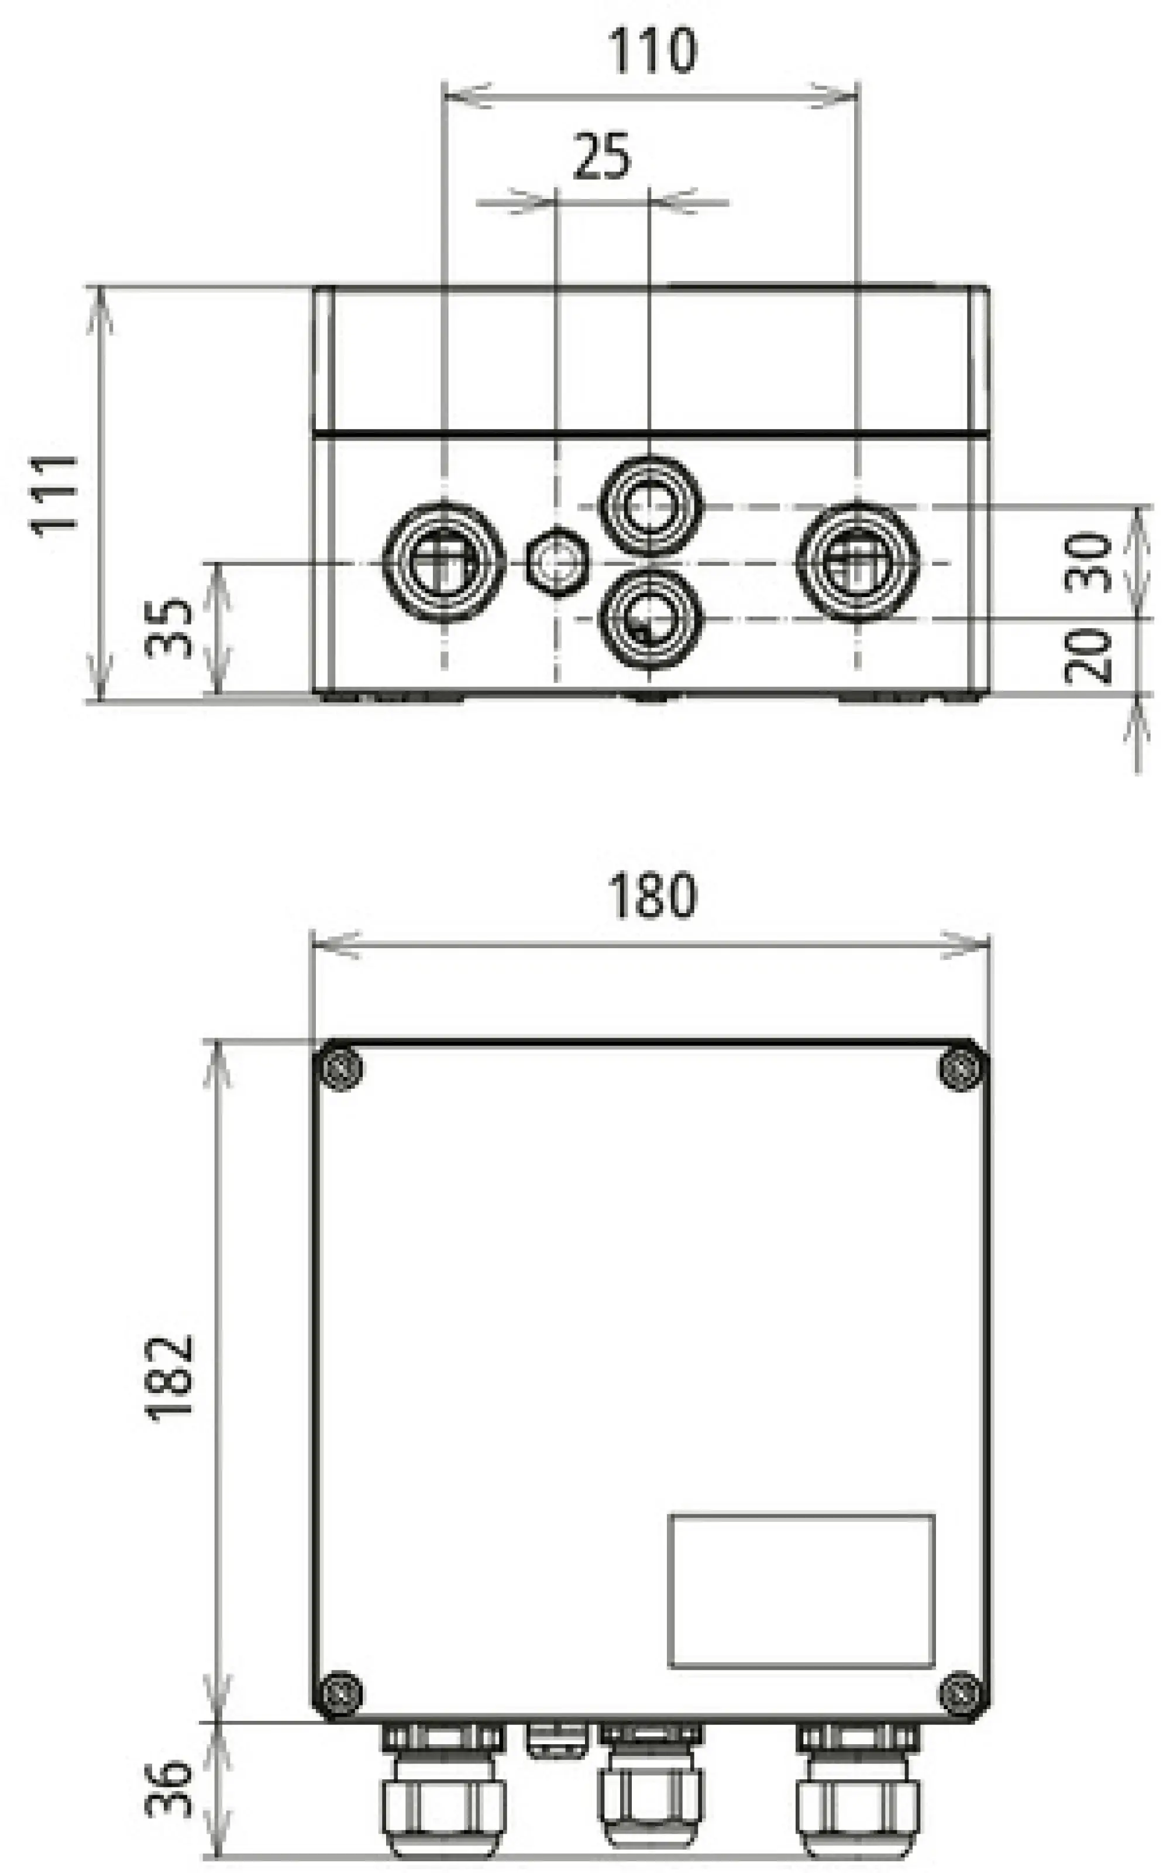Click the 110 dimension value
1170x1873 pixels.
(x=652, y=51)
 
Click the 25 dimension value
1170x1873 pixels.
(x=602, y=157)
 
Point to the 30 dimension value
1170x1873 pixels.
(x=1088, y=562)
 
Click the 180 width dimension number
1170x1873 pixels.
(x=652, y=896)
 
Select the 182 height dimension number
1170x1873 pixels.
(x=168, y=1378)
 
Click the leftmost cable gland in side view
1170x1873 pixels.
(x=444, y=562)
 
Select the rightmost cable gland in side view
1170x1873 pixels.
(x=858, y=562)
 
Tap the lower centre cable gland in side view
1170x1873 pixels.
(x=650, y=620)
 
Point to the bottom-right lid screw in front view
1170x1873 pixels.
(x=963, y=1693)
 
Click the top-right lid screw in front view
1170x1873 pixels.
(x=963, y=1069)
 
